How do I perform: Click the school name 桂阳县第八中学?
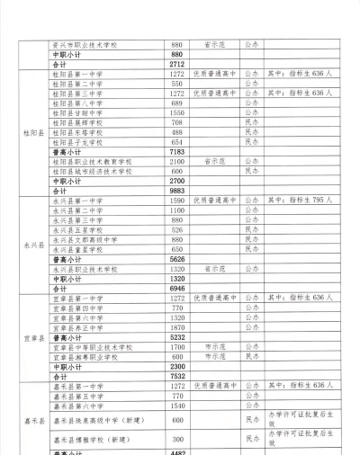(77, 103)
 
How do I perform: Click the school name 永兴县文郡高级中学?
(83, 239)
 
